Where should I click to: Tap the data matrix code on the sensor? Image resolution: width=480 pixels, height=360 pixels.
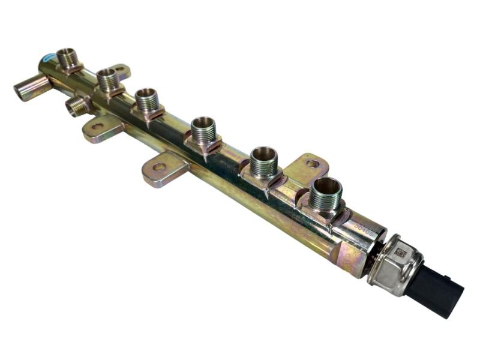400,254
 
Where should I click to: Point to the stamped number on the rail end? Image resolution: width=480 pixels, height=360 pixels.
363,229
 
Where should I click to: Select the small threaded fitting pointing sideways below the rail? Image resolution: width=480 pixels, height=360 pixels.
76,106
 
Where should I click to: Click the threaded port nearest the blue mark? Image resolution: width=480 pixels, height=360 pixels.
68,58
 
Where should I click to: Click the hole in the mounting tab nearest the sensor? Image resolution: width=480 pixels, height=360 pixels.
313,163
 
